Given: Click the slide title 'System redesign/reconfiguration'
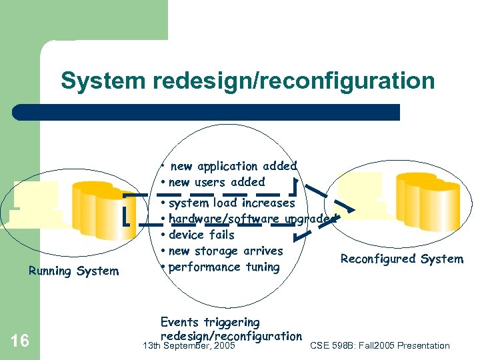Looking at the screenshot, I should point(247,81).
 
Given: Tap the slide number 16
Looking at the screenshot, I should point(20,341).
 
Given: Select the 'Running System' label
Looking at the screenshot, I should point(73,271).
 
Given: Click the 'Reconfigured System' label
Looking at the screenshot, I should point(401,259).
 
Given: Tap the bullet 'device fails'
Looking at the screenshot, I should point(201,235).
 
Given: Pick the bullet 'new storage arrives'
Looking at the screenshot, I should point(226,251).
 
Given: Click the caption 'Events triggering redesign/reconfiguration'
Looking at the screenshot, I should point(231,329).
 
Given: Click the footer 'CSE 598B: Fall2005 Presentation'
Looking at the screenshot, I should point(380,345).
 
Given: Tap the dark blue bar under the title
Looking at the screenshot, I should point(206,112).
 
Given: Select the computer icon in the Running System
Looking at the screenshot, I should point(37,204).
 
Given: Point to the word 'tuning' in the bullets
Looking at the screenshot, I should point(261,267).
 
